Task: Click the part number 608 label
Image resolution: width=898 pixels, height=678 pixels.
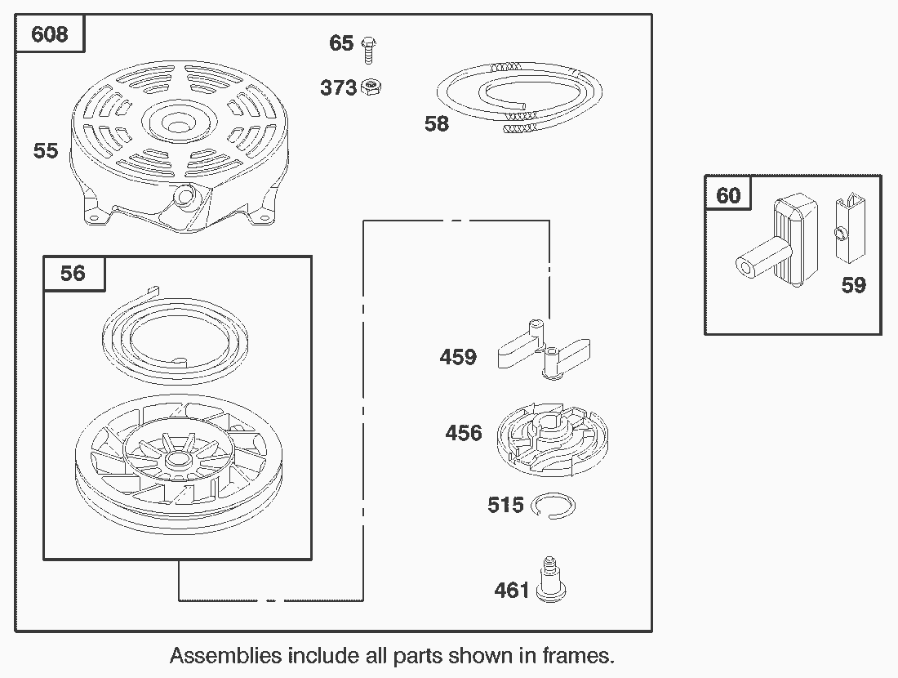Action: [49, 34]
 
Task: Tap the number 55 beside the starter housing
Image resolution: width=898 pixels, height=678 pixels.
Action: [46, 151]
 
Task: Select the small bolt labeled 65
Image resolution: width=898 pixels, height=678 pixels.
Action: [369, 49]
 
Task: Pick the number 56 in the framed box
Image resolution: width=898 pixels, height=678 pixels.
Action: [73, 273]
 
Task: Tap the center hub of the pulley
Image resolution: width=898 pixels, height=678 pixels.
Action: [179, 460]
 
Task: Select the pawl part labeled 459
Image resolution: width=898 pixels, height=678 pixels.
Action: [544, 350]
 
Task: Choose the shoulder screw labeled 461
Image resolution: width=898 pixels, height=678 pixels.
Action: [551, 580]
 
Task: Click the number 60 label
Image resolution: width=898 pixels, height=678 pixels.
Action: [728, 195]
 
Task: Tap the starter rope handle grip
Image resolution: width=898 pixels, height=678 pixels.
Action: [779, 241]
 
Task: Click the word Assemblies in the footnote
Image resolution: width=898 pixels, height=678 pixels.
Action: [225, 655]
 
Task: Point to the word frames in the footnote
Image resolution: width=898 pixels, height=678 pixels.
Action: [578, 655]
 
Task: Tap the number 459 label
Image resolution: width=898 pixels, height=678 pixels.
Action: [458, 357]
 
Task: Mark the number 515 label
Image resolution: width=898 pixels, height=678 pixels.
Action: [505, 505]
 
